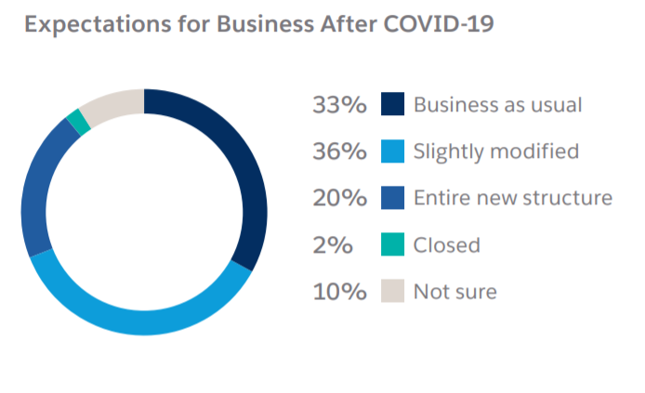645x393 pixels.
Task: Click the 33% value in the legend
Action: tap(340, 105)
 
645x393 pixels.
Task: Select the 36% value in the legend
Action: tap(340, 151)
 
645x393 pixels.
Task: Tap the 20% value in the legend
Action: tap(340, 198)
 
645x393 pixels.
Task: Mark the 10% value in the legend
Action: tap(340, 292)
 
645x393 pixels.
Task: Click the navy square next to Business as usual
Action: tap(393, 104)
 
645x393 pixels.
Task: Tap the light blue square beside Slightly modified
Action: tap(393, 151)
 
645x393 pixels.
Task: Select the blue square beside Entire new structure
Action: tap(393, 198)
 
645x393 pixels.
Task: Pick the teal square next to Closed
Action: tap(393, 245)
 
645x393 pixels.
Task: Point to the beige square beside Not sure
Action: tap(393, 292)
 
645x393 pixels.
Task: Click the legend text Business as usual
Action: tap(497, 104)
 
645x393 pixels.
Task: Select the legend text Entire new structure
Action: tap(512, 198)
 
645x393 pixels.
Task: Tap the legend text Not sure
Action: tap(454, 292)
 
